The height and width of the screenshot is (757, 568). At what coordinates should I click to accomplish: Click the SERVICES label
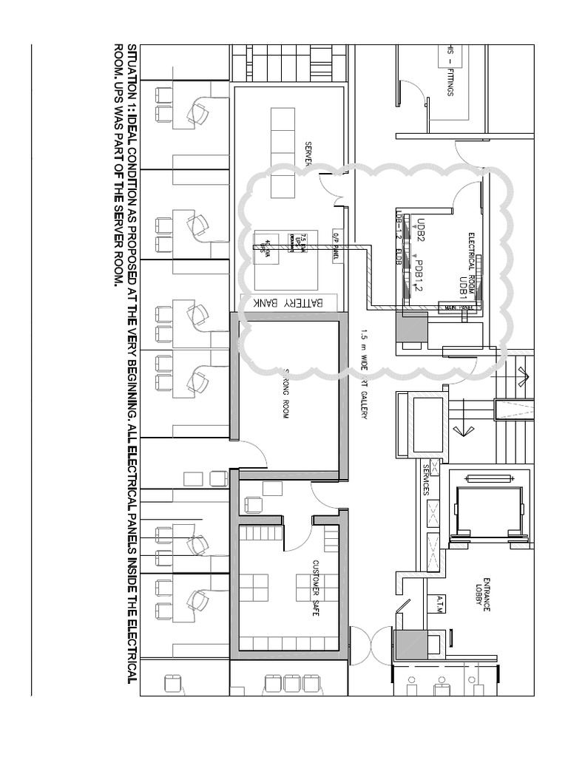pyautogui.click(x=426, y=481)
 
